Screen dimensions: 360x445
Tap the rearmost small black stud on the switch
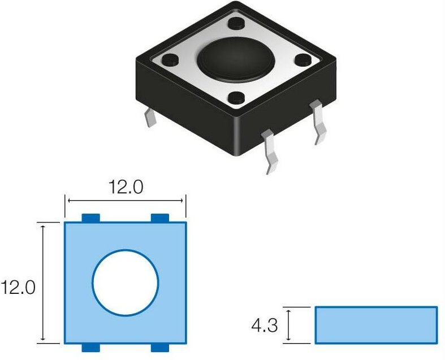pyautogui.click(x=236, y=25)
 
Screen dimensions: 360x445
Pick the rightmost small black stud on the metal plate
pyautogui.click(x=303, y=59)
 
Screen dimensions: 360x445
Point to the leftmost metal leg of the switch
pyautogui.click(x=150, y=118)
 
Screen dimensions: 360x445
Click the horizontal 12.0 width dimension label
pyautogui.click(x=126, y=188)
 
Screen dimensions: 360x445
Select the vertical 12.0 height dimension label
pyautogui.click(x=18, y=288)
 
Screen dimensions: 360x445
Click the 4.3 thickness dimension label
pyautogui.click(x=265, y=326)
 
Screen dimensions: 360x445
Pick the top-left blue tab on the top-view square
pyautogui.click(x=90, y=218)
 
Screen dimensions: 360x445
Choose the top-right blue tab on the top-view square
pyautogui.click(x=161, y=218)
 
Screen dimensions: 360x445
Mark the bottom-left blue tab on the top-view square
pyautogui.click(x=90, y=347)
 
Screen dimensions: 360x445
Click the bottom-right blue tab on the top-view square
pyautogui.click(x=161, y=347)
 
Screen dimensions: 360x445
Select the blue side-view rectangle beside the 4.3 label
pyautogui.click(x=376, y=325)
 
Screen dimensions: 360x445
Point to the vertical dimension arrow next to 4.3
pyautogui.click(x=289, y=325)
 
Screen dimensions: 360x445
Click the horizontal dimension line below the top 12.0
pyautogui.click(x=126, y=200)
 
